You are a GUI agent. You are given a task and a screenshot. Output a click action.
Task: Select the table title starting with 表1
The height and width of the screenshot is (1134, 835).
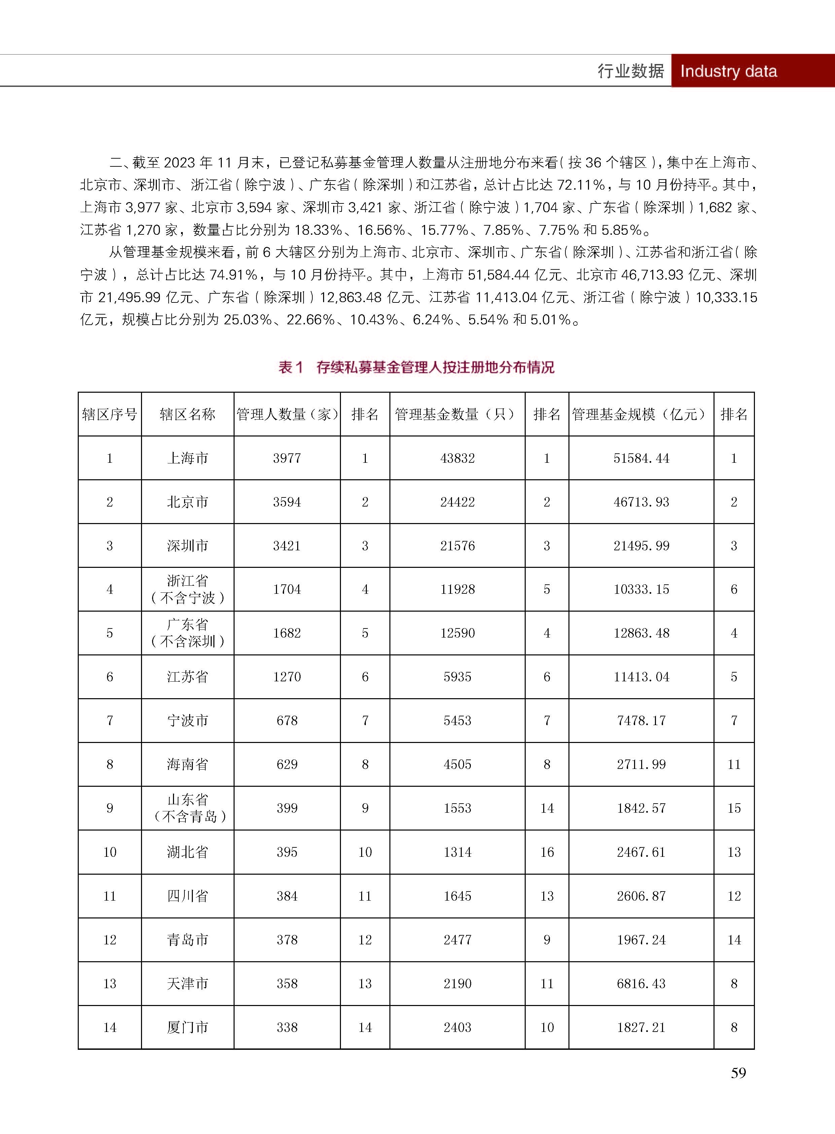[416, 367]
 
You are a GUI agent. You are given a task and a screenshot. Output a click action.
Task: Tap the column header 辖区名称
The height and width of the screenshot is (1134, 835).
[187, 415]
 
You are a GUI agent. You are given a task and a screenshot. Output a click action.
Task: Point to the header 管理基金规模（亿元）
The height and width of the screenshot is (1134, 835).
[640, 415]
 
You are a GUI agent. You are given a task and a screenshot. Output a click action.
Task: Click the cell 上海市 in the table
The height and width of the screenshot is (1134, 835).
[187, 458]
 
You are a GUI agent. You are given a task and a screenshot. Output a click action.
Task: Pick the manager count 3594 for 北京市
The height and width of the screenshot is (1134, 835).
[287, 502]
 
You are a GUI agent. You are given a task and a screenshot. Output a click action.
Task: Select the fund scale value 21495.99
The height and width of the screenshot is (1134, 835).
[641, 546]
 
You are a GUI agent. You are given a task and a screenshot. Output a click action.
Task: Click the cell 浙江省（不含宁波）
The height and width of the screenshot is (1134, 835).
[187, 589]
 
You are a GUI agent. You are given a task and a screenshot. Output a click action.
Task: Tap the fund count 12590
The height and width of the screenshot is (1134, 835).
[457, 633]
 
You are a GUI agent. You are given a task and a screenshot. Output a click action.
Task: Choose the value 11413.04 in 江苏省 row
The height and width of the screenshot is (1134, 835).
[641, 677]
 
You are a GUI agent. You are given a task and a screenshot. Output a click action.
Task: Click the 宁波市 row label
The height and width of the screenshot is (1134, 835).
[187, 720]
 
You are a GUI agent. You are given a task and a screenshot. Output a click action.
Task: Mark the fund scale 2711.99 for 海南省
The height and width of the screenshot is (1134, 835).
[641, 764]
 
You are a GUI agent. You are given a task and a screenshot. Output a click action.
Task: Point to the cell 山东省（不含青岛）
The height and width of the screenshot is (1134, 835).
[187, 808]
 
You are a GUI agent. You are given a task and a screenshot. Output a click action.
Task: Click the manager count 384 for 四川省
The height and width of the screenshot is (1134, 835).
[287, 896]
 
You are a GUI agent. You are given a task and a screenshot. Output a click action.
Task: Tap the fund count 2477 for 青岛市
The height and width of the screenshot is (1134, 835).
[457, 940]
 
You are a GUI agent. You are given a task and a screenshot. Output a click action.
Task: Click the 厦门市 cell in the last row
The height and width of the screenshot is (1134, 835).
[187, 1027]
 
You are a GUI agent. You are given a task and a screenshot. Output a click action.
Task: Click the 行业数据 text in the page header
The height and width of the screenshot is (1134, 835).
[630, 71]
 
